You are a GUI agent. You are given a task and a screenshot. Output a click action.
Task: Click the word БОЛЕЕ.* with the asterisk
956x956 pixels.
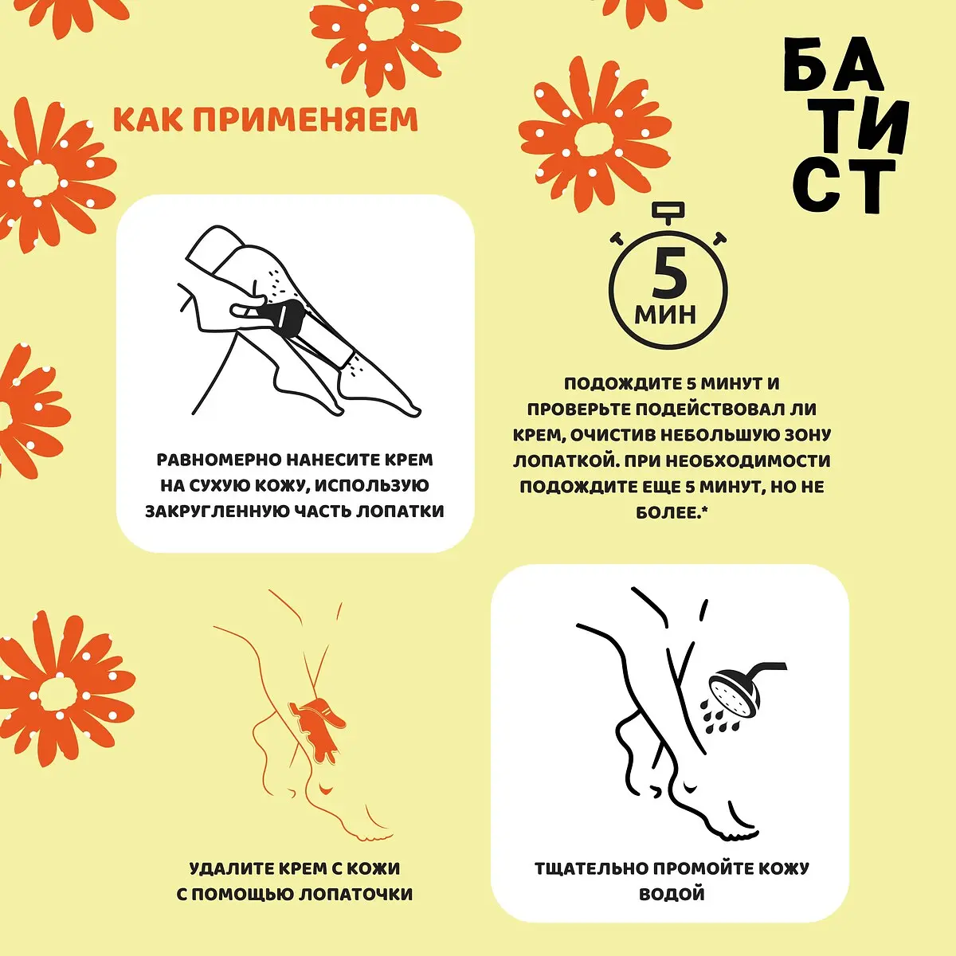point(672,512)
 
